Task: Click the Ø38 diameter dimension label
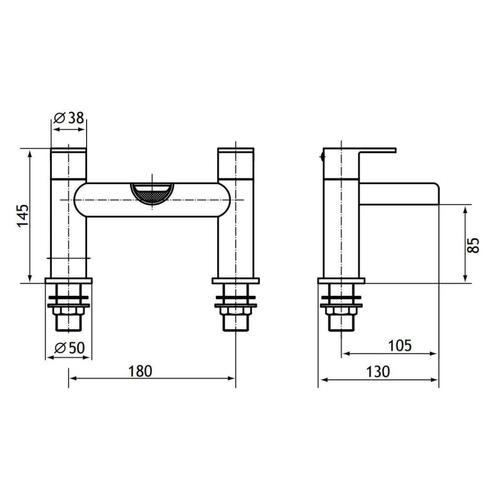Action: (x=70, y=118)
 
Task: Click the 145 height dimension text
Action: (x=23, y=215)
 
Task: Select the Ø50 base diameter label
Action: (x=70, y=348)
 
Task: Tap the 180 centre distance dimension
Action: (x=140, y=371)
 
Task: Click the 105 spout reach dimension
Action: (x=400, y=346)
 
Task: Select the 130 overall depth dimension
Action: (x=378, y=371)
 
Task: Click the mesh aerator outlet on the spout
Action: (x=152, y=194)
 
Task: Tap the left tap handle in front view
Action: (x=68, y=163)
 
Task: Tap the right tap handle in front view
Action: (x=236, y=163)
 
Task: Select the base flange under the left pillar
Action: (x=68, y=280)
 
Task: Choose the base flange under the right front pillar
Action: (x=236, y=280)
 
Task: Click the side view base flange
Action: (x=341, y=280)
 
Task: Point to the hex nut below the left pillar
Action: (x=68, y=311)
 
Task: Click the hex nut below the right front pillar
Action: (x=236, y=311)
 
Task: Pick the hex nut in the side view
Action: (x=341, y=311)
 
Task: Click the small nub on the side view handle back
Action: (x=322, y=157)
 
